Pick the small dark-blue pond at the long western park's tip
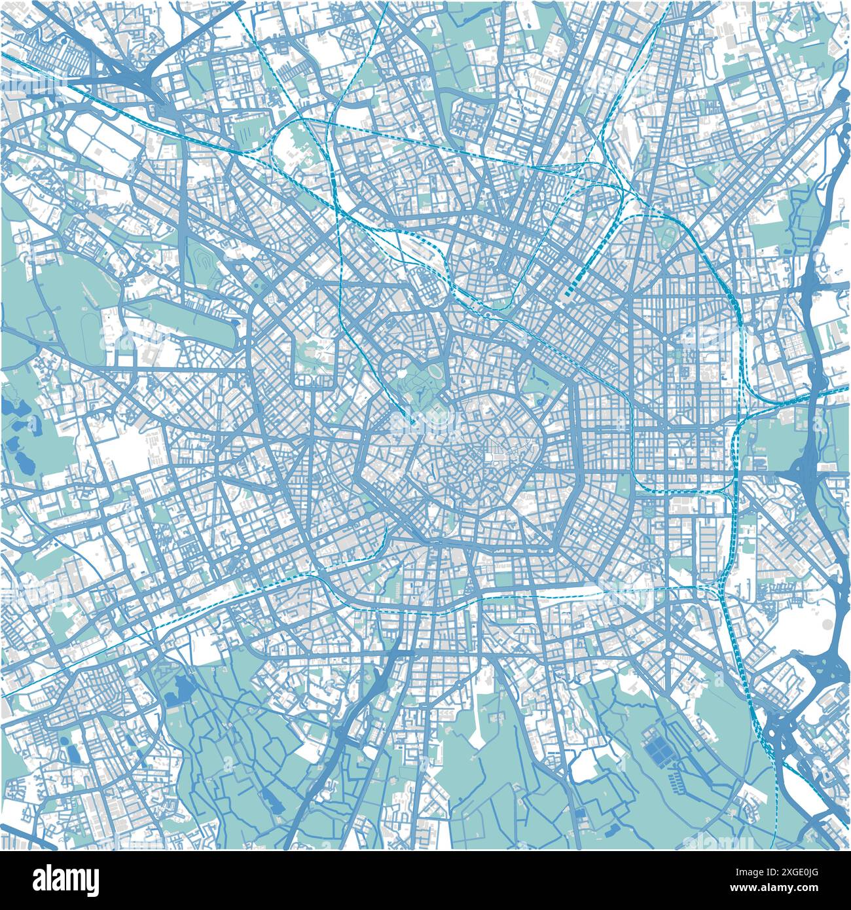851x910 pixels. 235,322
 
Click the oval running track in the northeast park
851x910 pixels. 669,236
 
